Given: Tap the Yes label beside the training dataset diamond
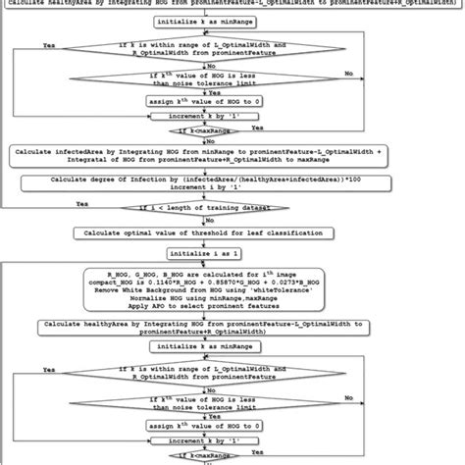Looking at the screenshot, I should point(81,204).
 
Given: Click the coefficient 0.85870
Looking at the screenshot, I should point(248,282).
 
